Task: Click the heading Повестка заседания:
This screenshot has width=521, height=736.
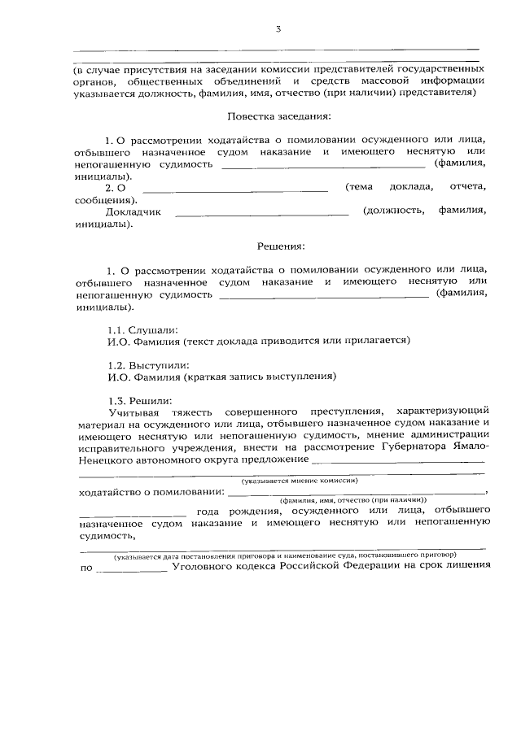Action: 278,117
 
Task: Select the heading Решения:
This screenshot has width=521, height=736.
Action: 281,245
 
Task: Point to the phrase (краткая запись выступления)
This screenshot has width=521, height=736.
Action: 260,376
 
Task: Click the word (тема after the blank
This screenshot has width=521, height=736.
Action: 359,186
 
